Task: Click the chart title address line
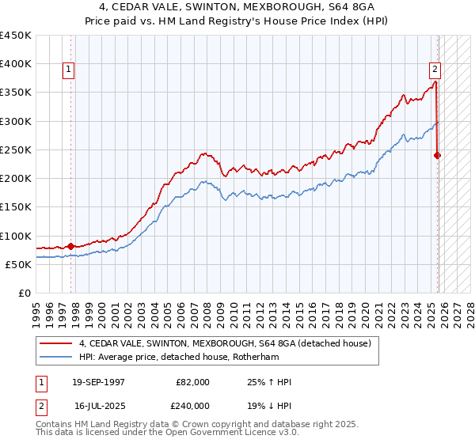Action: pos(237,6)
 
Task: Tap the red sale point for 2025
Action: pos(437,155)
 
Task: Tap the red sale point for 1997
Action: pos(70,246)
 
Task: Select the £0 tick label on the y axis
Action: pos(25,293)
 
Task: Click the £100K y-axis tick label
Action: pos(16,236)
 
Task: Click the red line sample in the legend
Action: pos(55,344)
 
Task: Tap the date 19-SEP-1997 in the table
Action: pos(98,382)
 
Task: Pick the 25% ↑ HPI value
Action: pos(269,382)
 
